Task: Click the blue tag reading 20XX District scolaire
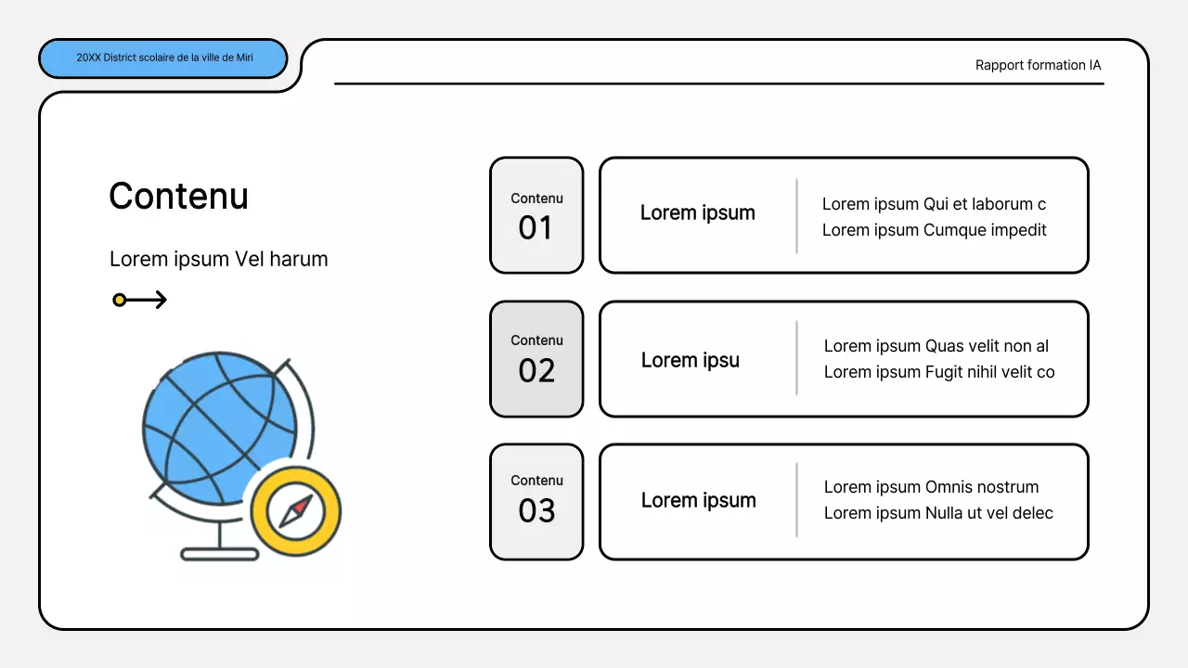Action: pyautogui.click(x=163, y=58)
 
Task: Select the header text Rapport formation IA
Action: pyautogui.click(x=1038, y=65)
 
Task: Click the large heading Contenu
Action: pyautogui.click(x=178, y=196)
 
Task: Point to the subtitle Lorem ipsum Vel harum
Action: pyautogui.click(x=218, y=259)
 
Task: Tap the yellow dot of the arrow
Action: pyautogui.click(x=120, y=300)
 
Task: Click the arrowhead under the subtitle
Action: pyautogui.click(x=161, y=300)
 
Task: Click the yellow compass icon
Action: pyautogui.click(x=296, y=510)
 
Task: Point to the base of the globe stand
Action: pyautogui.click(x=219, y=554)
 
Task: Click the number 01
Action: pyautogui.click(x=536, y=227)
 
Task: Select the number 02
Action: pyautogui.click(x=536, y=370)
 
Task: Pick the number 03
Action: pyautogui.click(x=536, y=510)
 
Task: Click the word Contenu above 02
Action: pyautogui.click(x=536, y=340)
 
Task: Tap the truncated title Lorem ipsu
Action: pyautogui.click(x=690, y=360)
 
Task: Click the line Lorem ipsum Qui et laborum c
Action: pyautogui.click(x=934, y=204)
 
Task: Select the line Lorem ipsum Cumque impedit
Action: pyautogui.click(x=934, y=230)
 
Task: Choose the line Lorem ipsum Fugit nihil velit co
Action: pyautogui.click(x=939, y=372)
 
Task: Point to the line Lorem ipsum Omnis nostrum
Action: pyautogui.click(x=931, y=487)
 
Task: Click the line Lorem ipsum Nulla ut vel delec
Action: pyautogui.click(x=938, y=513)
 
